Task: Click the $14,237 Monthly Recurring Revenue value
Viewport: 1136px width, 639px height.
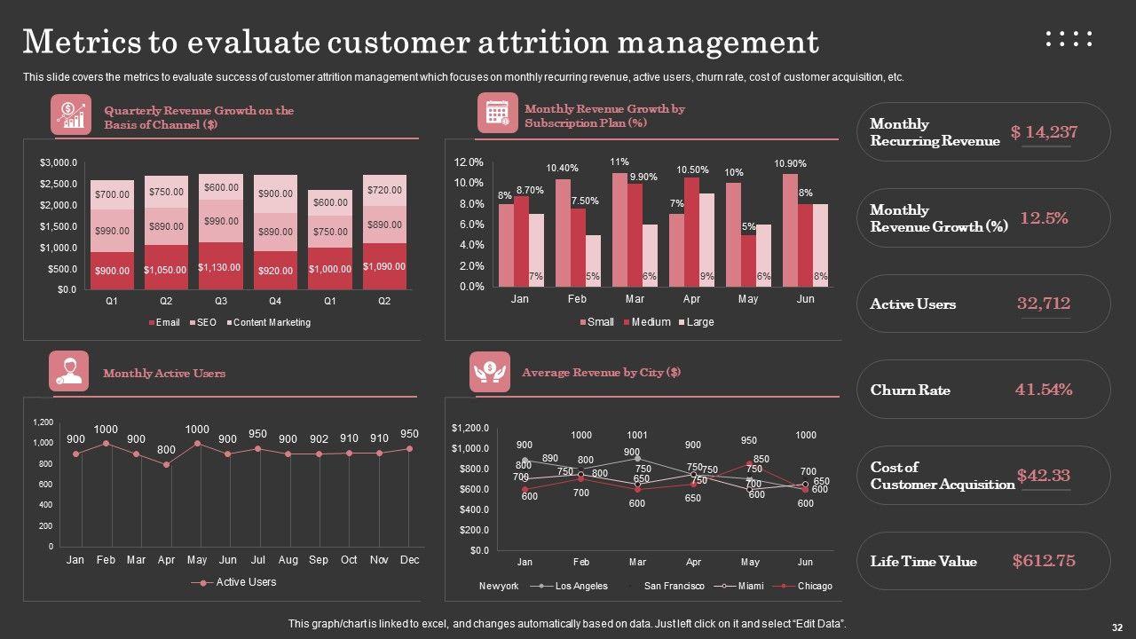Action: point(1044,132)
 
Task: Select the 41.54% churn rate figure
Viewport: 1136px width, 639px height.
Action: point(1044,390)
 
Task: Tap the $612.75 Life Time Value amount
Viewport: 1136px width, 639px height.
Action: point(1044,561)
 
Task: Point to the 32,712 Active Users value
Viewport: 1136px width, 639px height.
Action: point(1044,304)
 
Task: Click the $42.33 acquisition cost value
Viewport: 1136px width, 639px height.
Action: point(1044,476)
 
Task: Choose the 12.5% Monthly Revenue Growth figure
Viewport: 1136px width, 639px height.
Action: point(1044,218)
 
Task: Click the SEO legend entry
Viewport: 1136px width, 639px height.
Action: point(206,323)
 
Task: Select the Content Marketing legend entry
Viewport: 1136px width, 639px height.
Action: point(272,323)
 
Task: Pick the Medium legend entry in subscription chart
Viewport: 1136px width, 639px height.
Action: point(651,322)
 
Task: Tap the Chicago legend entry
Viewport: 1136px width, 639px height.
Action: point(815,586)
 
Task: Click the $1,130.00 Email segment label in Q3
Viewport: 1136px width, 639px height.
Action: point(221,267)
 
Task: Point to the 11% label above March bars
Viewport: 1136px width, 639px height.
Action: point(619,162)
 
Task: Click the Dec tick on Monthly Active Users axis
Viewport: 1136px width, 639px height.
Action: point(409,560)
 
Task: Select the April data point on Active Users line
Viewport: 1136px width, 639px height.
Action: point(166,464)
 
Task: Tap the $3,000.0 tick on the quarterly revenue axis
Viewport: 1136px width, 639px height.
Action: point(59,163)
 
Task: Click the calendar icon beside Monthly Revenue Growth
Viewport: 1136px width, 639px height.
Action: point(497,113)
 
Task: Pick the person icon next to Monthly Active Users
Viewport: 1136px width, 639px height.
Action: point(68,372)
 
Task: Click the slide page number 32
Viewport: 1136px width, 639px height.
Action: point(1116,625)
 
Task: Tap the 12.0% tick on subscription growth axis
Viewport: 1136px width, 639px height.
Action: point(469,162)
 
